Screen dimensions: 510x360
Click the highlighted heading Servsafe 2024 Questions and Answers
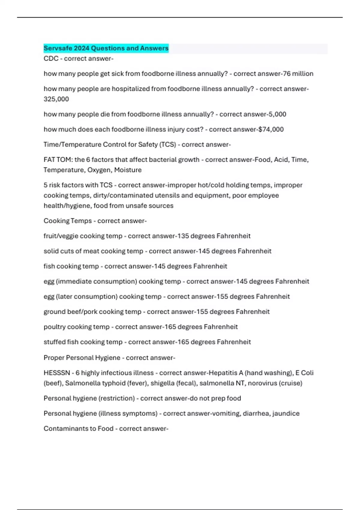coord(106,48)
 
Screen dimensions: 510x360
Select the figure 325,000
coord(56,99)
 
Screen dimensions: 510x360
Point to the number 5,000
coord(277,114)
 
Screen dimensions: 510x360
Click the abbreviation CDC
coord(51,58)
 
